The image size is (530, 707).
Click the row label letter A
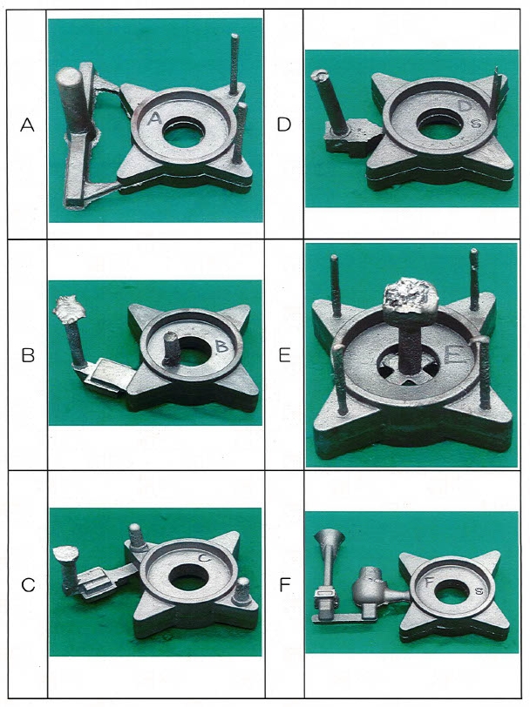click(27, 125)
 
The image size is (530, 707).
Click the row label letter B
click(28, 356)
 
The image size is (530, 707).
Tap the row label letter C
click(28, 585)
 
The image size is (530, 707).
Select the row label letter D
click(284, 124)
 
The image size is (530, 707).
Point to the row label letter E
click(284, 356)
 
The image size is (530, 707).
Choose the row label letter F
click(284, 585)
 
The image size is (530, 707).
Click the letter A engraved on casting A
click(154, 118)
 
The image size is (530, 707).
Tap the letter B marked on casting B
click(222, 347)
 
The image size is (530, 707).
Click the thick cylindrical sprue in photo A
click(71, 103)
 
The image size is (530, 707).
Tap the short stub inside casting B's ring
click(170, 348)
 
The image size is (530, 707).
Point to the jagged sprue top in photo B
click(69, 308)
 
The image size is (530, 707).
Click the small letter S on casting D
click(475, 122)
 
